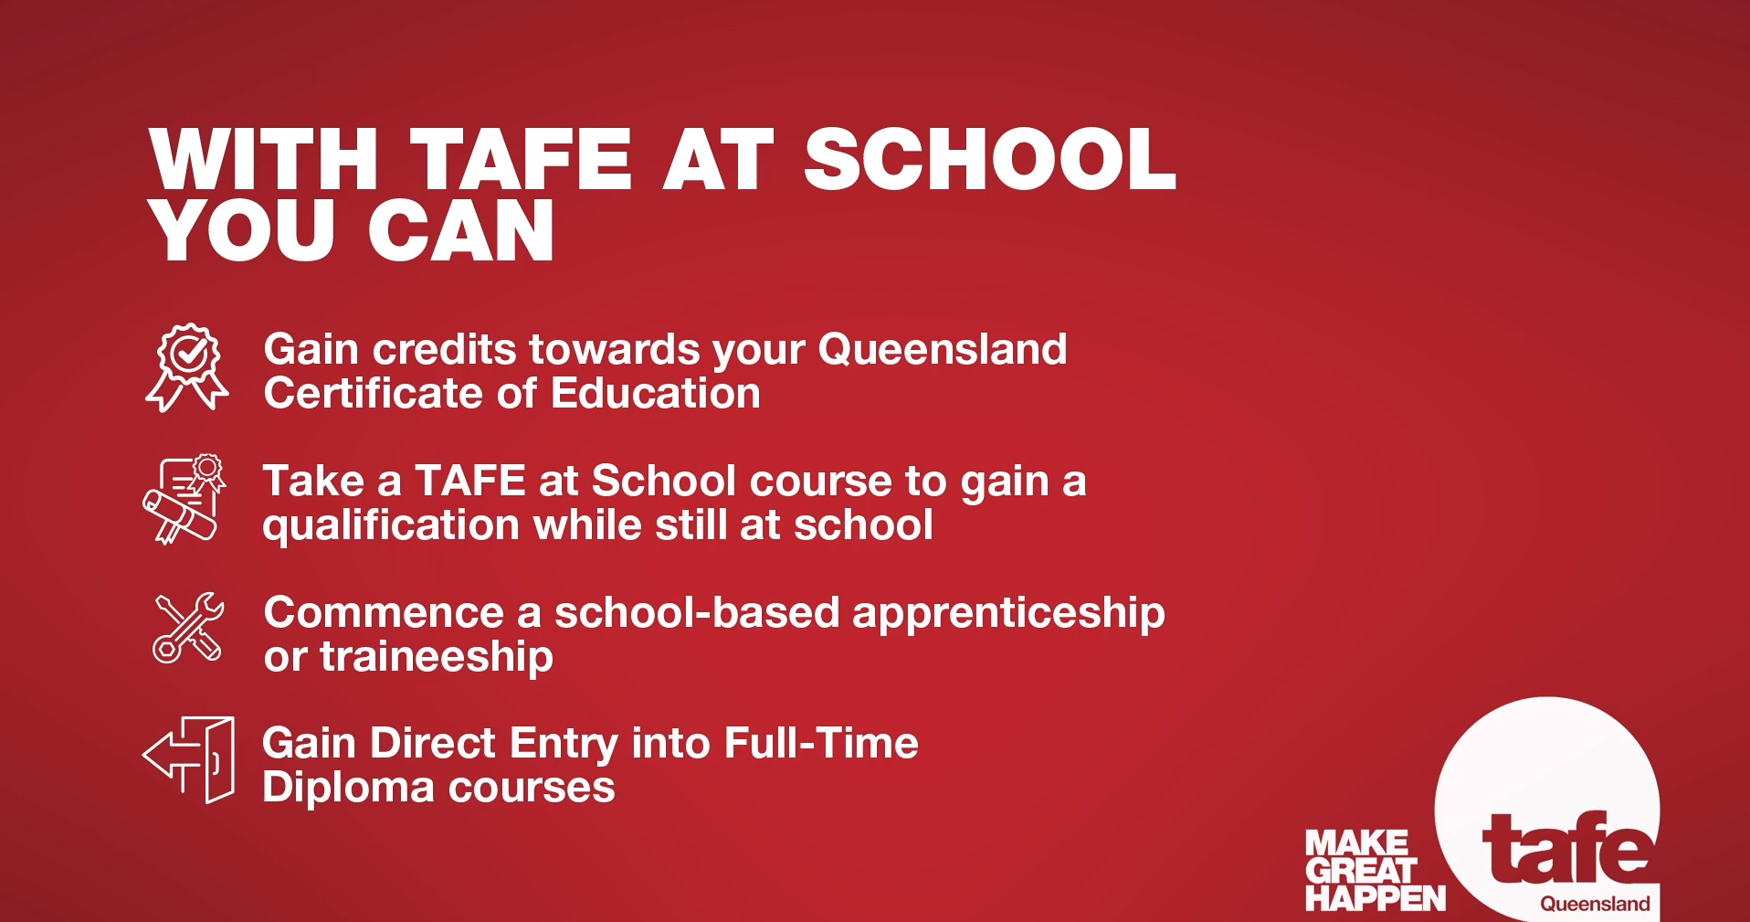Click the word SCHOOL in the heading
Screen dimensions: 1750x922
click(x=990, y=159)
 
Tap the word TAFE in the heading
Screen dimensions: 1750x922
click(x=521, y=159)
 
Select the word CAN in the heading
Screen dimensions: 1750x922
click(x=461, y=230)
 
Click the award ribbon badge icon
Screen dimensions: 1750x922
click(x=187, y=367)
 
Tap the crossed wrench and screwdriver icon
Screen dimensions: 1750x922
click(x=189, y=627)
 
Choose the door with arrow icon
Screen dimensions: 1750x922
click(x=189, y=760)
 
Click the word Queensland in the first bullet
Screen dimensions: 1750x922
click(x=943, y=349)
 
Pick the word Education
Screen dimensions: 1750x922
click(x=656, y=393)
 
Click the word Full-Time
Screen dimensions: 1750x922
click(x=821, y=743)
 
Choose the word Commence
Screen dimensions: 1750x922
click(x=384, y=612)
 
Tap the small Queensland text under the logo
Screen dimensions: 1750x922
click(x=1595, y=904)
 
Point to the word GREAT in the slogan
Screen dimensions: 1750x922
click(x=1360, y=871)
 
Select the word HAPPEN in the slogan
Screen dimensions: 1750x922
click(x=1376, y=899)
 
